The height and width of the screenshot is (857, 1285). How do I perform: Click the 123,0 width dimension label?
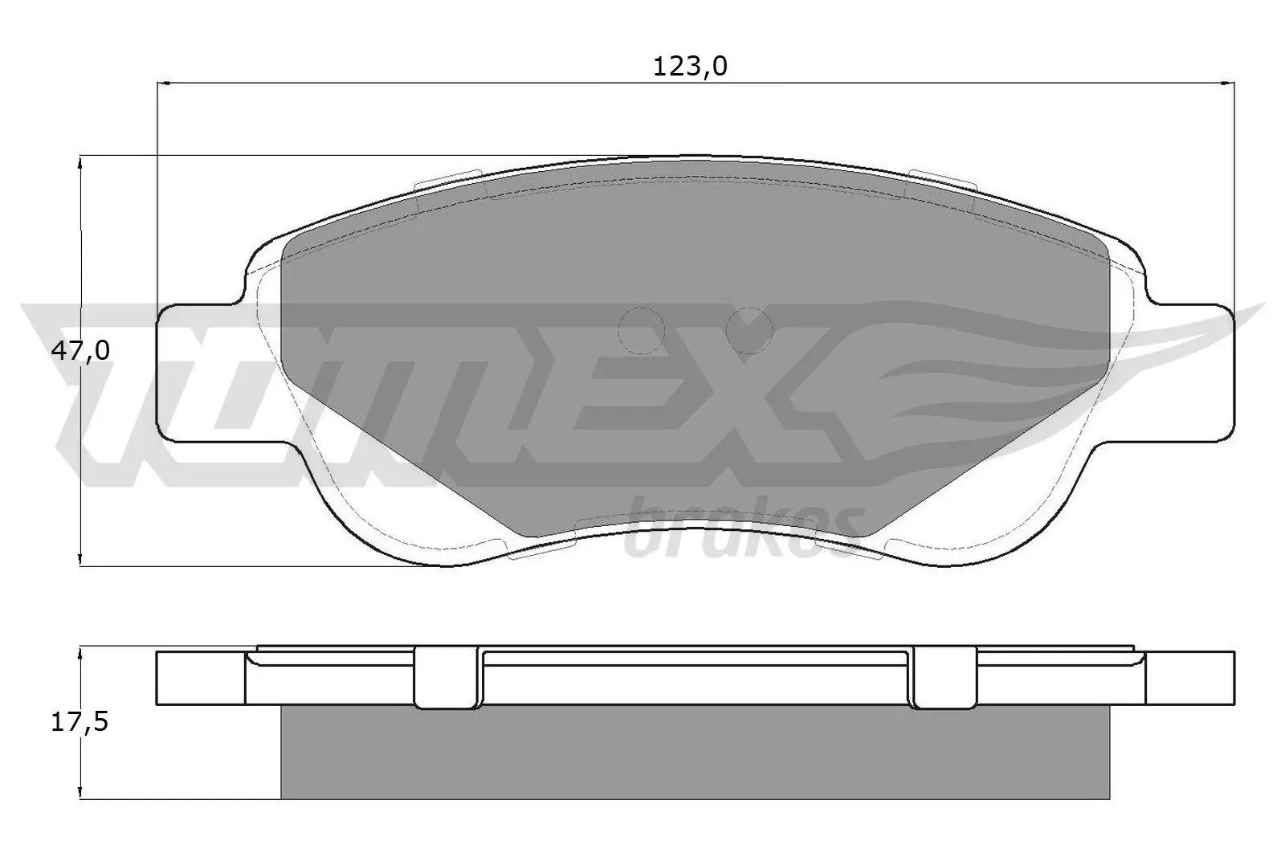[x=690, y=66]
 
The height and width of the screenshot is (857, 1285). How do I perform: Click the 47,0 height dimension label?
[x=80, y=350]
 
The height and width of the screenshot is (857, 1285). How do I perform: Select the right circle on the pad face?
[x=749, y=330]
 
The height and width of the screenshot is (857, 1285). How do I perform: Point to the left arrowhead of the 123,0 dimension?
[x=165, y=82]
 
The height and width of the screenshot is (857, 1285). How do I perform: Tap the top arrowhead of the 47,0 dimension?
[x=80, y=162]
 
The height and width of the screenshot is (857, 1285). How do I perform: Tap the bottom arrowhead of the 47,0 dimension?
[x=80, y=558]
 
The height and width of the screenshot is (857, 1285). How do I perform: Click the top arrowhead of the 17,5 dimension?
[x=80, y=655]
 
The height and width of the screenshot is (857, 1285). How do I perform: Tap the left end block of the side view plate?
[x=199, y=679]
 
